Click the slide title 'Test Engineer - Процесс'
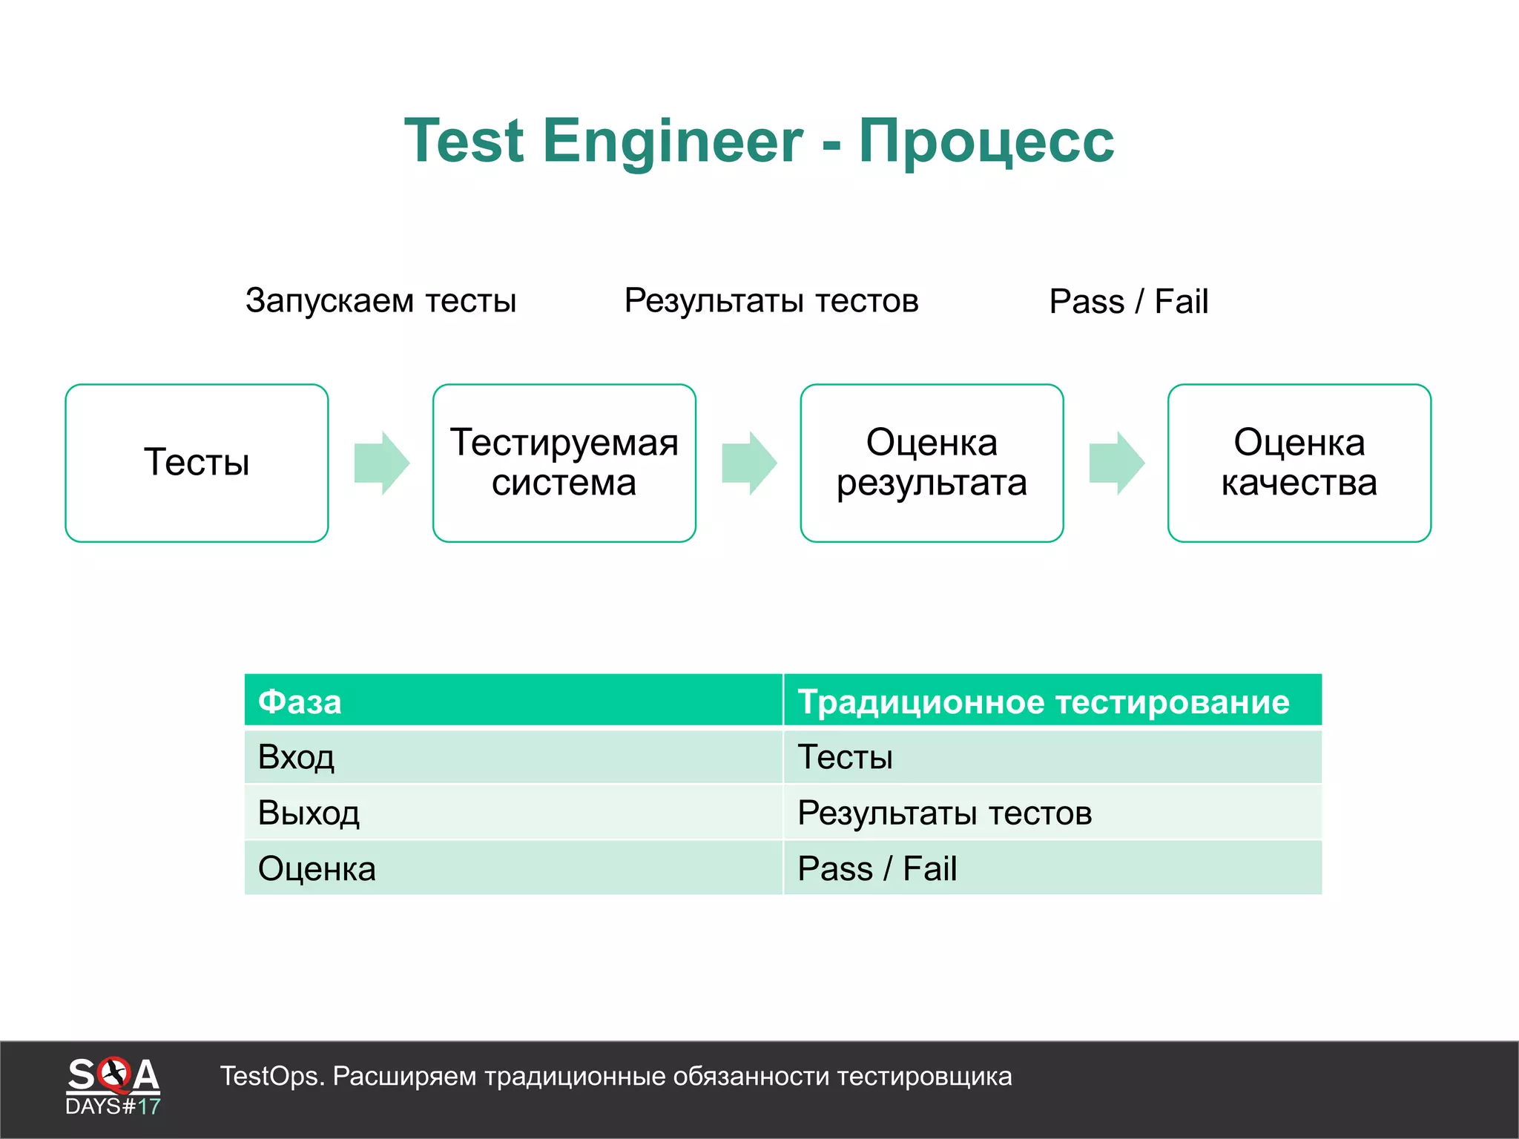(759, 141)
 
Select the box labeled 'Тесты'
(197, 463)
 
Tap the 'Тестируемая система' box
(564, 463)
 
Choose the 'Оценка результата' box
(932, 463)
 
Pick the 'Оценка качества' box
(1299, 463)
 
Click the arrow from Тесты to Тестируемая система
(381, 463)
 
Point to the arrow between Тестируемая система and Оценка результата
(749, 463)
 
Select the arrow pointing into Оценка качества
(1116, 463)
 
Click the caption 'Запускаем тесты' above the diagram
(380, 301)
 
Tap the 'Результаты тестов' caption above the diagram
(771, 301)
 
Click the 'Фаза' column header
(300, 701)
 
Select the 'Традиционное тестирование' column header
(1043, 701)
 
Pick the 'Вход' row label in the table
(296, 757)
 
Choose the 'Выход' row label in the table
(309, 813)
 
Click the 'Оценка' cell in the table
(317, 868)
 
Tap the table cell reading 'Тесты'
(845, 757)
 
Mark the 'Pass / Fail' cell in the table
(877, 868)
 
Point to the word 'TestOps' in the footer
(269, 1076)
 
